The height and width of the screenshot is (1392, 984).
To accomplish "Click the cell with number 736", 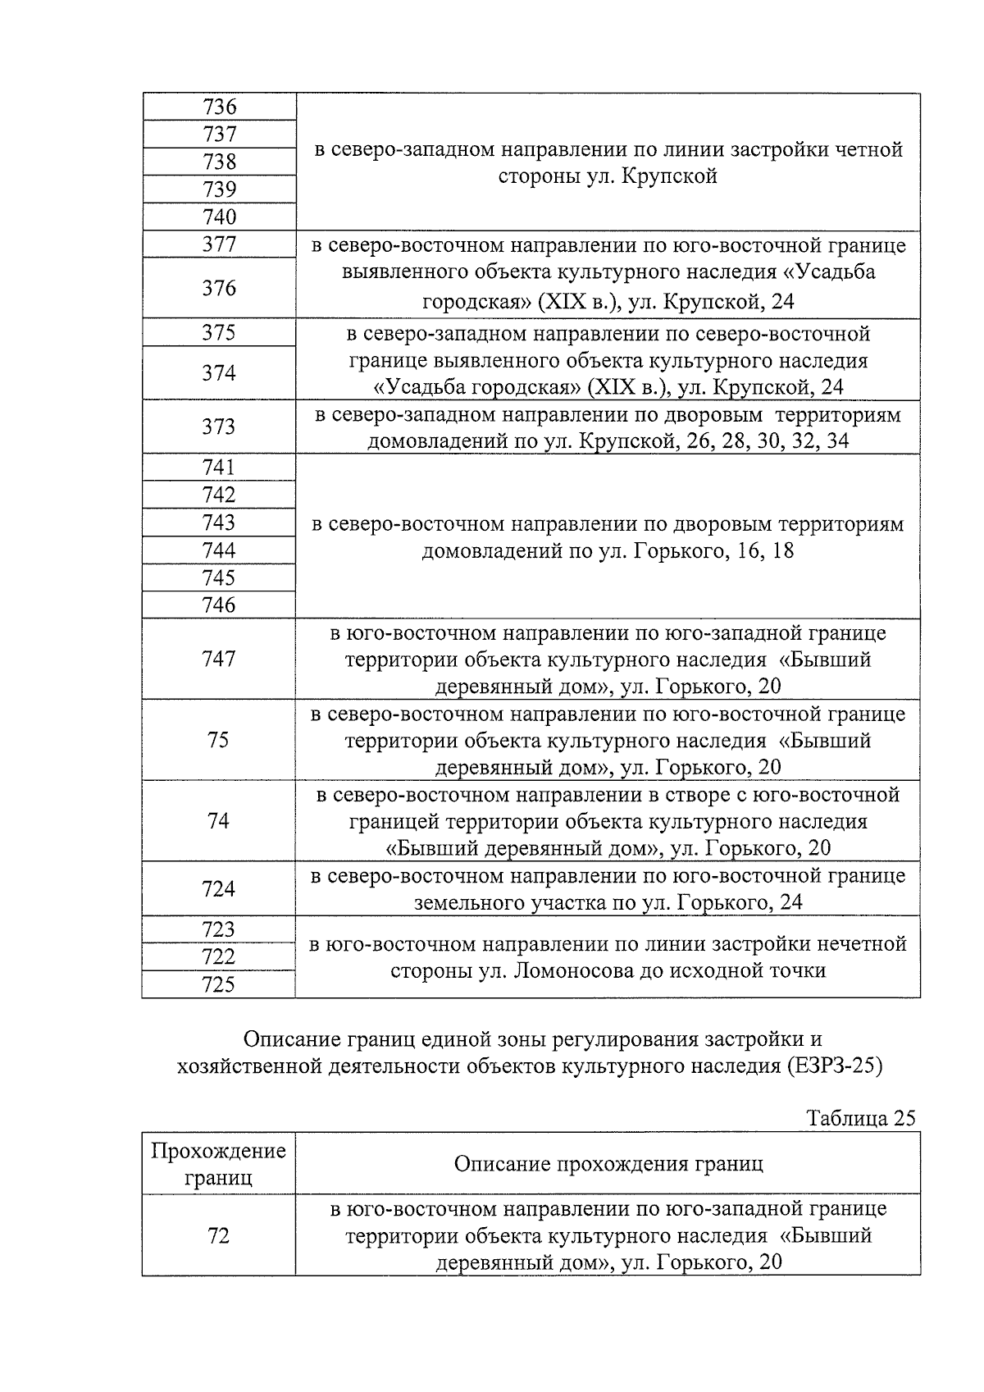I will (219, 107).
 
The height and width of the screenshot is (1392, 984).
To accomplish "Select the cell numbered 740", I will (219, 217).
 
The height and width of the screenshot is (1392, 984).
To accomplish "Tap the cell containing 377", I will (219, 244).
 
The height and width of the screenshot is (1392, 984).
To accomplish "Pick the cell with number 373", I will (219, 427).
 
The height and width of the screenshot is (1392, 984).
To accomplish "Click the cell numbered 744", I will (219, 550).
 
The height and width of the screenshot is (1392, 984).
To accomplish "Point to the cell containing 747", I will (219, 659).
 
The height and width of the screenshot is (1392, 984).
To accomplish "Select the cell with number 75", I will (219, 740).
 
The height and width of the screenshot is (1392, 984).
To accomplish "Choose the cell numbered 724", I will (219, 889).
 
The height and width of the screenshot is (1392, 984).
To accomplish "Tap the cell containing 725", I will (219, 984).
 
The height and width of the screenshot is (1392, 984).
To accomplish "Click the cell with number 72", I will (219, 1235).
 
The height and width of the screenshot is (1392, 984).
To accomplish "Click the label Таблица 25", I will (860, 1118).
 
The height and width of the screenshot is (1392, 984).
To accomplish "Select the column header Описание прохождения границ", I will (608, 1164).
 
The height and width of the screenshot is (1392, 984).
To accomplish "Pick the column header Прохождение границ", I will (219, 1164).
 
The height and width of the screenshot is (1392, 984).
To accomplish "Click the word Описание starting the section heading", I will (289, 1040).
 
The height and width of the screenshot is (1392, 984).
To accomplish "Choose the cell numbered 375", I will (219, 332).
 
